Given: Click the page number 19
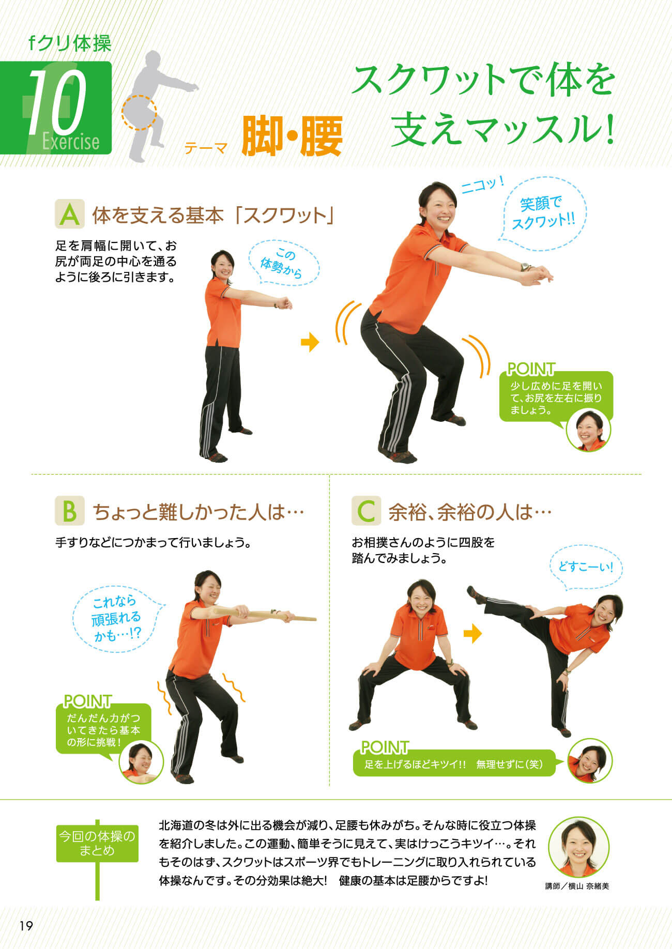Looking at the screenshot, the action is [x=26, y=925].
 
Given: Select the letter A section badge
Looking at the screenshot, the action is [x=70, y=215].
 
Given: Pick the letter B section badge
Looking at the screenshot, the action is [x=70, y=511].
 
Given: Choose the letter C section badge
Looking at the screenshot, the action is [x=366, y=511].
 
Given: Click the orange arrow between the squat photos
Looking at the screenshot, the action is [x=310, y=342].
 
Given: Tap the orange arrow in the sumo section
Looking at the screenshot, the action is [x=472, y=634].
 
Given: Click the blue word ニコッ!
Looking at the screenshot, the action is [x=482, y=185].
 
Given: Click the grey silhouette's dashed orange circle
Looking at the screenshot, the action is [x=139, y=112].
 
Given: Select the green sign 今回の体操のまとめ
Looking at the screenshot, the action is [x=97, y=844].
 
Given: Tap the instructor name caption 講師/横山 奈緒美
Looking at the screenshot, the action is [x=577, y=886].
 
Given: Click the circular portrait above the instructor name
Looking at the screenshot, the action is [x=578, y=847].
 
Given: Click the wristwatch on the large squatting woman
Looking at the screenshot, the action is [x=526, y=267].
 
